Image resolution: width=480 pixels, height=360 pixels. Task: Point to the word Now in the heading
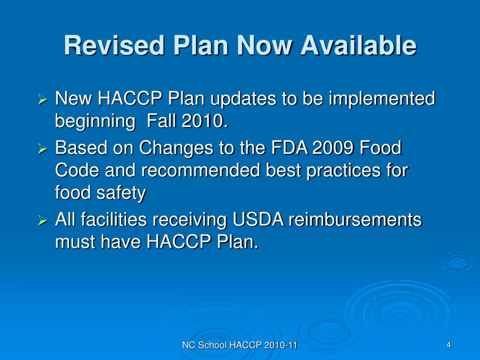coord(262,46)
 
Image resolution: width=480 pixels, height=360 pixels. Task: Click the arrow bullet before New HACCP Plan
coord(42,100)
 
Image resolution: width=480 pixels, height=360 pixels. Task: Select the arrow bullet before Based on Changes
coord(42,149)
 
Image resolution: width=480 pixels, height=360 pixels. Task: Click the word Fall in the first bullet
coord(161,121)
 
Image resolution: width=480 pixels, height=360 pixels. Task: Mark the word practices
coord(333,171)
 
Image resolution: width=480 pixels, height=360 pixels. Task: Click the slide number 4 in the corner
coord(449,345)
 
